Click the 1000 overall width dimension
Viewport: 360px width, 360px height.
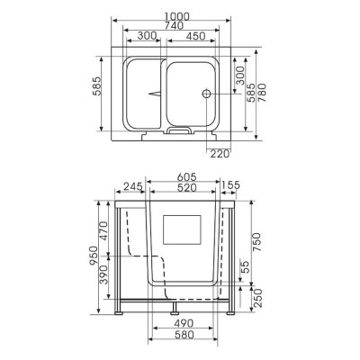[x=176, y=16]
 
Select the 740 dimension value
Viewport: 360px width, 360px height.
[x=174, y=26]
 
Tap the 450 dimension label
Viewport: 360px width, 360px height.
[x=195, y=36]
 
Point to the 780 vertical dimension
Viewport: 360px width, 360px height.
[x=262, y=93]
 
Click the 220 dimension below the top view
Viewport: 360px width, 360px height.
[x=220, y=154]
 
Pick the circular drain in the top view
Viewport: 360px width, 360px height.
[x=206, y=94]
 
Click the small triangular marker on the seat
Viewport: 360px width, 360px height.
[x=155, y=94]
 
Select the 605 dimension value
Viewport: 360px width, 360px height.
[x=186, y=177]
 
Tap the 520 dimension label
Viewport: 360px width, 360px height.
[x=186, y=188]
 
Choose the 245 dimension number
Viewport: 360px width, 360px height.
[x=133, y=186]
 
